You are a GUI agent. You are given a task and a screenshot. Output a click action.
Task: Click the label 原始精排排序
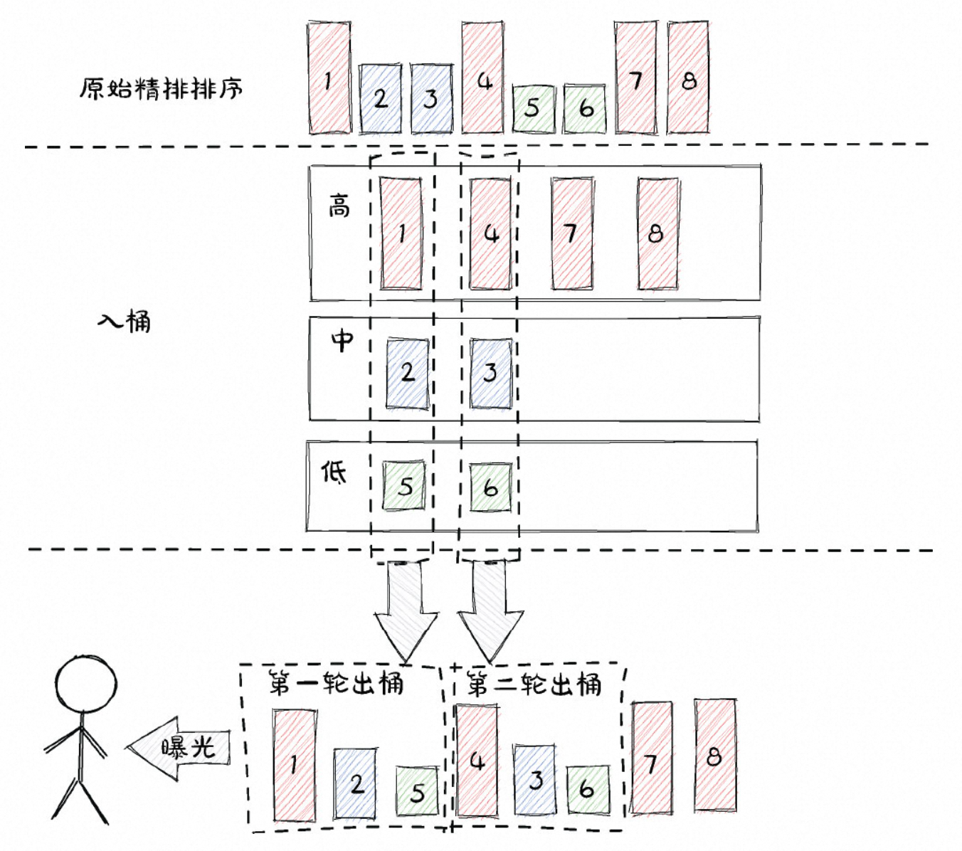(160, 89)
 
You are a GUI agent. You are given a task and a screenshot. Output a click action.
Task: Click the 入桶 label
(125, 322)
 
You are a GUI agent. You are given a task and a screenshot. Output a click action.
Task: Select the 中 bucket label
(342, 340)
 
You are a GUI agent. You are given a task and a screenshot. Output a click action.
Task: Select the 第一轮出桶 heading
(336, 684)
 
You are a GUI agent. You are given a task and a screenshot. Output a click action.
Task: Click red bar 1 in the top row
(329, 78)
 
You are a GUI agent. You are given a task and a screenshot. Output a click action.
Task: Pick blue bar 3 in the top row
(431, 98)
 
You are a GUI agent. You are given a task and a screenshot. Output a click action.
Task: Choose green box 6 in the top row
(585, 108)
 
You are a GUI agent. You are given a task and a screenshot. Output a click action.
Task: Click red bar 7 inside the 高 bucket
(572, 233)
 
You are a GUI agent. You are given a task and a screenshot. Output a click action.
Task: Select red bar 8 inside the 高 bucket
(657, 233)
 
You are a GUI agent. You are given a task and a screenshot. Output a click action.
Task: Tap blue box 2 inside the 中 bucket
(408, 373)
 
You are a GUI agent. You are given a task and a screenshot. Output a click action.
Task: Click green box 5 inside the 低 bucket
(404, 486)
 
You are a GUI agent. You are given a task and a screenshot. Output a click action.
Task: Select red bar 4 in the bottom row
(477, 761)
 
